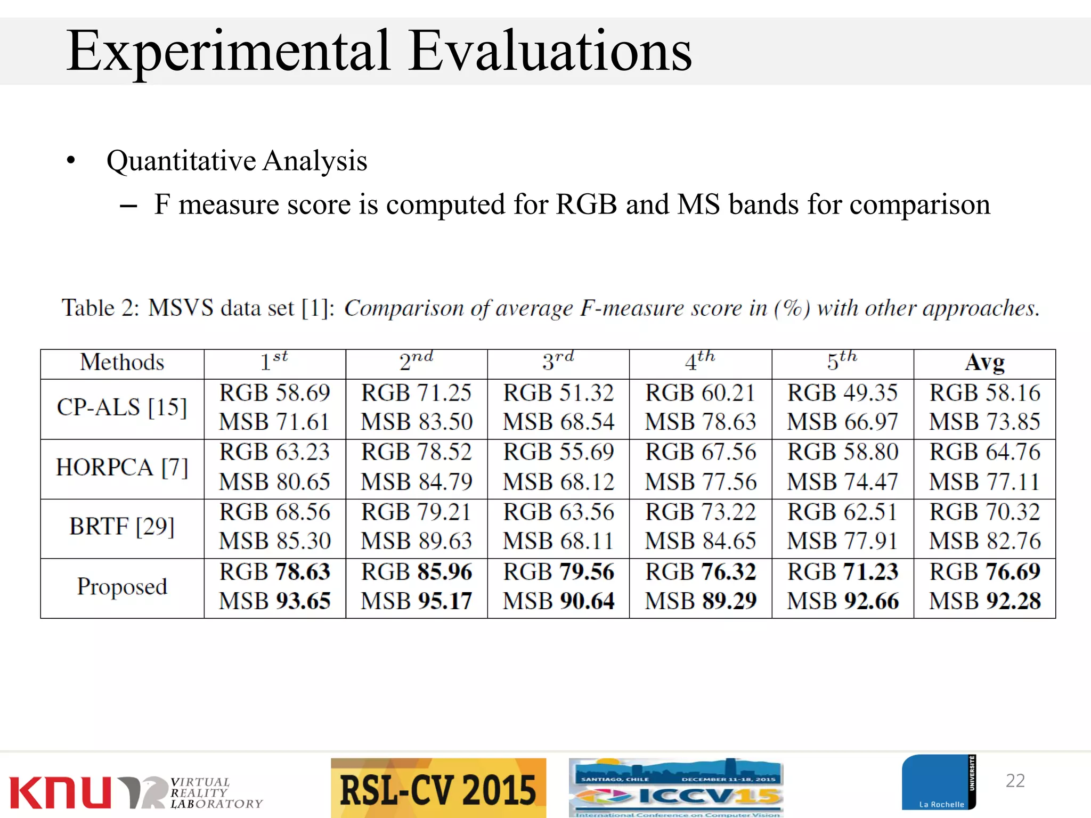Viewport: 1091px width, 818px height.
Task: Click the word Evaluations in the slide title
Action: (551, 51)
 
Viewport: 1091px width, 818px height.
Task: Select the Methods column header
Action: (122, 363)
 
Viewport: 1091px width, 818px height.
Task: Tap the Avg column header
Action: (984, 363)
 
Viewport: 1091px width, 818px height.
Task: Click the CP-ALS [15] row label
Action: (122, 408)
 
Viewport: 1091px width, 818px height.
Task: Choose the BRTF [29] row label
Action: (122, 527)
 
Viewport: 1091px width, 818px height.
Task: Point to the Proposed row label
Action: (122, 587)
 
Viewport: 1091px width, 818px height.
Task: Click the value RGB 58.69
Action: (275, 394)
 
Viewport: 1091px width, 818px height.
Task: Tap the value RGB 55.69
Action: (559, 453)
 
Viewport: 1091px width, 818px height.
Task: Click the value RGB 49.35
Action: (843, 394)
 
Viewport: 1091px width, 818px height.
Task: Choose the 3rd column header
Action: (558, 362)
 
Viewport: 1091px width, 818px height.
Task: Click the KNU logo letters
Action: (60, 792)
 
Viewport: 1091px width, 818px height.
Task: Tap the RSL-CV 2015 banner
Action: (438, 789)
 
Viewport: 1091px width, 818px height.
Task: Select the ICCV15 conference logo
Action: (675, 788)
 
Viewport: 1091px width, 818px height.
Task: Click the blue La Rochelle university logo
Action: (938, 782)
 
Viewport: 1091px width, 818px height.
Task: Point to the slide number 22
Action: (1015, 781)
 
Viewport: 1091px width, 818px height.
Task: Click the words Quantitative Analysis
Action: (237, 161)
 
